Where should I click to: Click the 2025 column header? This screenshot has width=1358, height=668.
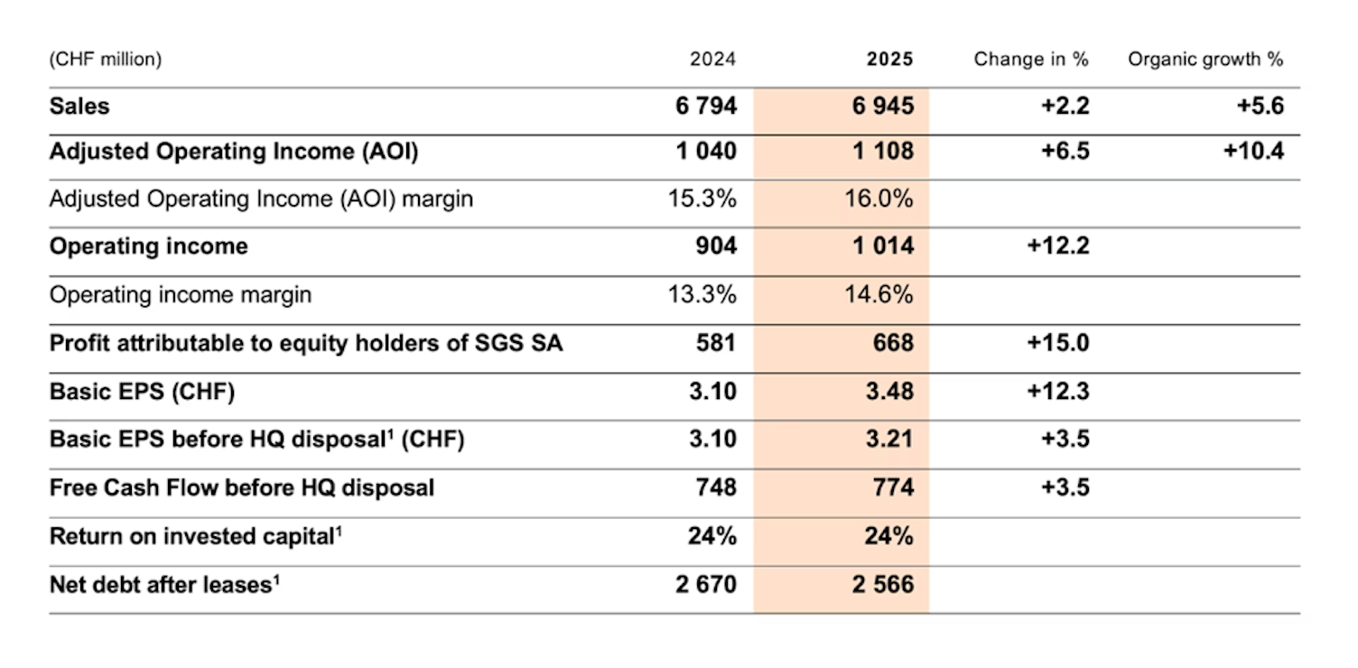tap(889, 60)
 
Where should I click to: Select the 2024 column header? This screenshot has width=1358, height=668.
tap(712, 60)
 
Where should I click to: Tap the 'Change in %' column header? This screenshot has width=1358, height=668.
tap(1031, 60)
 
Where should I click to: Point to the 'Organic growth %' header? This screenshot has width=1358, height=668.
tap(1205, 60)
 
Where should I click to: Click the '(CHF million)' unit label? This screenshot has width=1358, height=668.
tap(106, 60)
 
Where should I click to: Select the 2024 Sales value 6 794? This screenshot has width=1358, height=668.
tap(706, 107)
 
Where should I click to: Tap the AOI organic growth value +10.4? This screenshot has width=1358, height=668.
tap(1253, 151)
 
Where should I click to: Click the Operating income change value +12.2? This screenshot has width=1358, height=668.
tap(1058, 246)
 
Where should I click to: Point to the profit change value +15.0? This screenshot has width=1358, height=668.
tap(1058, 343)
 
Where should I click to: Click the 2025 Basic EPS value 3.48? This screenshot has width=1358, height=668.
tap(889, 392)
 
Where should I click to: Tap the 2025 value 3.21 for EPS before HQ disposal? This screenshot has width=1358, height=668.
tap(889, 440)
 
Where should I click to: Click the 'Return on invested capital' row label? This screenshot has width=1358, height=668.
tap(195, 536)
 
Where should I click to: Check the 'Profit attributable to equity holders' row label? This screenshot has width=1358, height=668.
tap(306, 343)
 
